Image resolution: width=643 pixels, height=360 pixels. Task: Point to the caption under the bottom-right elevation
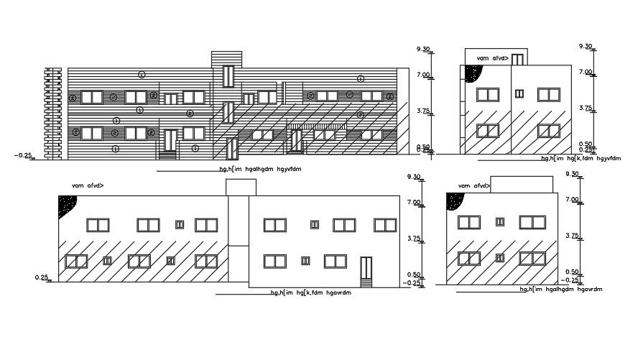(560, 289)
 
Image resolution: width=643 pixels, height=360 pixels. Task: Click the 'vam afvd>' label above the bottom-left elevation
(88, 186)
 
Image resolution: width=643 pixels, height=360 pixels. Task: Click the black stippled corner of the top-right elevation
(472, 73)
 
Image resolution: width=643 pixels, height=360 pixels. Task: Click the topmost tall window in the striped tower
(228, 76)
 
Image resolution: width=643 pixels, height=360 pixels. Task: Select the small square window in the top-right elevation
(519, 93)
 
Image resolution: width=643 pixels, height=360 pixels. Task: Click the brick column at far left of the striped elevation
(50, 111)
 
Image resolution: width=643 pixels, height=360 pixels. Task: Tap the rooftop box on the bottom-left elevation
(240, 187)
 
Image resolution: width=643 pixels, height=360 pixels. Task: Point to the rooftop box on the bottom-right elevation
(522, 184)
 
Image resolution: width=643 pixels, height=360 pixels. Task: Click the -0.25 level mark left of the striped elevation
(22, 154)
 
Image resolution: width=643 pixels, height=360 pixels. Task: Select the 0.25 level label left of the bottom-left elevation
(41, 277)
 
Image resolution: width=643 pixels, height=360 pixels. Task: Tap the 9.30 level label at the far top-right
(586, 47)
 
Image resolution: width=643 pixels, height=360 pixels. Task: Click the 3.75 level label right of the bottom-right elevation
(573, 236)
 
